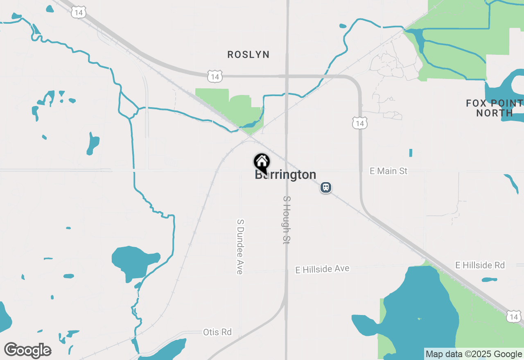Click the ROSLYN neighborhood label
click(x=248, y=54)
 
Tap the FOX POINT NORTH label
click(x=495, y=108)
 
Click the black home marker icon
click(x=262, y=162)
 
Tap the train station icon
click(x=326, y=187)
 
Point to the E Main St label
click(x=388, y=171)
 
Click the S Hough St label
click(x=287, y=220)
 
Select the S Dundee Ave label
click(x=240, y=246)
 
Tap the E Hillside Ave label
click(x=323, y=269)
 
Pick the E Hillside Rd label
click(x=480, y=265)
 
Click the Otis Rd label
click(x=217, y=332)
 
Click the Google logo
click(x=27, y=350)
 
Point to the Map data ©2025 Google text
click(x=474, y=354)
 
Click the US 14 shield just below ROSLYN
click(x=215, y=76)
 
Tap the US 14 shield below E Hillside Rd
click(x=514, y=316)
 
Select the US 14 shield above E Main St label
click(x=359, y=123)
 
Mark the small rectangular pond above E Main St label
click(x=411, y=153)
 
